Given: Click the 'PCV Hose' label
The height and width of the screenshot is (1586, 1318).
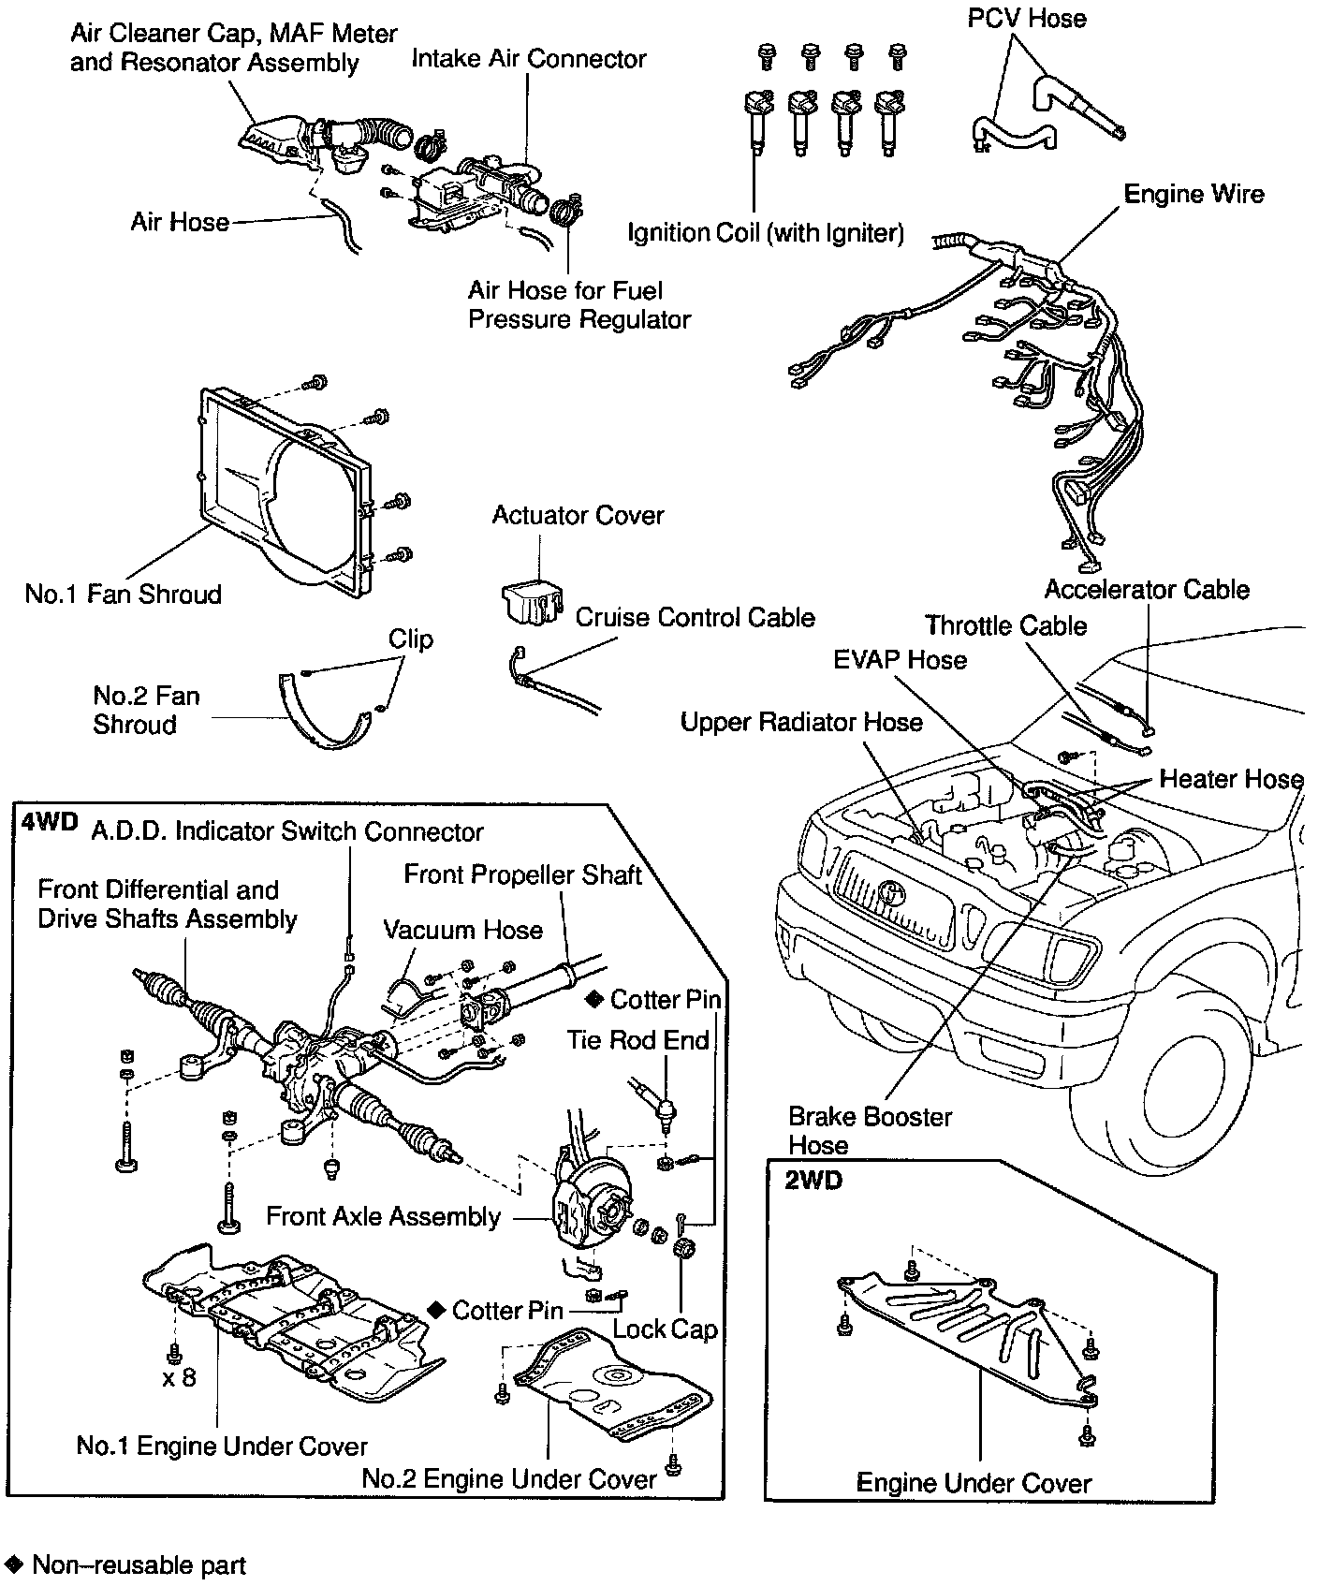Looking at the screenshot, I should click(1027, 19).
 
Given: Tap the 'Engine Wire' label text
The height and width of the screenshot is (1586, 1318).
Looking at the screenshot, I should click(1194, 194).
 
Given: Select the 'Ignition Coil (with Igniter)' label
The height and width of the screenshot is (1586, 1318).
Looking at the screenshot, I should click(766, 233).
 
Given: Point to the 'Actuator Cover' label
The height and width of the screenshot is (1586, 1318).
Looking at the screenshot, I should click(578, 515).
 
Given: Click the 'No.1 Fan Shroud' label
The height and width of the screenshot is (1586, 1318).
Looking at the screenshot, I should click(124, 595).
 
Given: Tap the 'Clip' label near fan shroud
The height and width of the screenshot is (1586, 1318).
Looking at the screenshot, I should click(411, 639).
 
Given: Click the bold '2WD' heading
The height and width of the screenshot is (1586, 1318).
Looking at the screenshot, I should click(813, 1181).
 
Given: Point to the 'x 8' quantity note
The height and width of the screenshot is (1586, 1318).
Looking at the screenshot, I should click(178, 1377).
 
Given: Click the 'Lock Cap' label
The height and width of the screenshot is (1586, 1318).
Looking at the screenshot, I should click(665, 1329).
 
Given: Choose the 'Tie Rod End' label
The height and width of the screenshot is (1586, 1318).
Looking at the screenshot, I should click(637, 1040).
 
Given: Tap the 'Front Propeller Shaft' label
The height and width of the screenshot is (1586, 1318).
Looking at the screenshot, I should click(522, 874).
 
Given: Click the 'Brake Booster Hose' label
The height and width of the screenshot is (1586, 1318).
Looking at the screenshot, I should click(870, 1130).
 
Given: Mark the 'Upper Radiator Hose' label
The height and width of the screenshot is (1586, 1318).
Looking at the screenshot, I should click(801, 722).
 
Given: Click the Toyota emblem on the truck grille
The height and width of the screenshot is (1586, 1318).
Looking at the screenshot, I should click(896, 892).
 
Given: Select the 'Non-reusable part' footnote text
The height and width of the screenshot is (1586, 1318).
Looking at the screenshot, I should click(139, 1564).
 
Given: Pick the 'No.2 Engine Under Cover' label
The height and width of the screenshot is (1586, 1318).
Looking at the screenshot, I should click(509, 1479).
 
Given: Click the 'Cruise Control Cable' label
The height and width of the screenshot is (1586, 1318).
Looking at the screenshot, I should click(695, 617).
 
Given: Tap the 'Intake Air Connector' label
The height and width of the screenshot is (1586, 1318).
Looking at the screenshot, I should click(529, 59).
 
